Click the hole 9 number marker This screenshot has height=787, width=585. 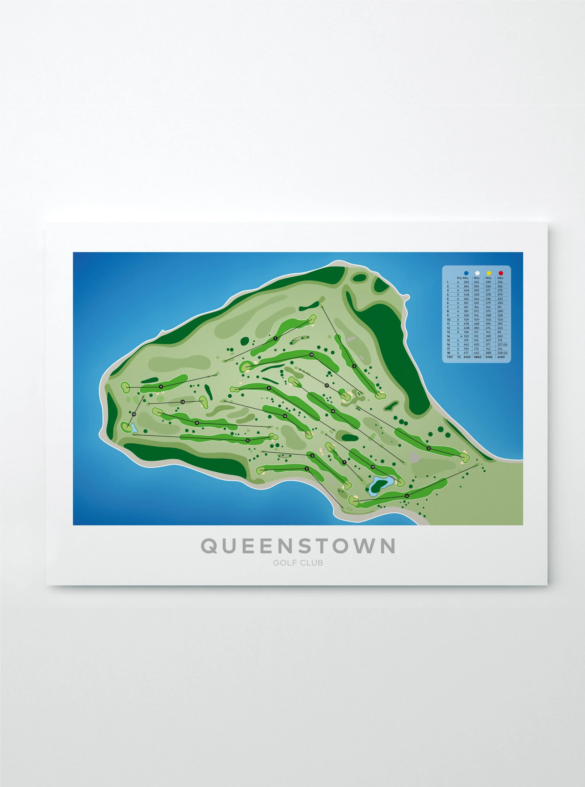pyautogui.click(x=161, y=387)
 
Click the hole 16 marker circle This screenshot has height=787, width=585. pyautogui.click(x=333, y=411)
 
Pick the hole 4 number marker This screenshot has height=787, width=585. pyautogui.click(x=407, y=496)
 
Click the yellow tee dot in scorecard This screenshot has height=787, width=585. pyautogui.click(x=489, y=273)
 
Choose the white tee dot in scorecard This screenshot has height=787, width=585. pyautogui.click(x=477, y=273)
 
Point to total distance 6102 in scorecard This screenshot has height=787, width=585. pyautogui.click(x=467, y=357)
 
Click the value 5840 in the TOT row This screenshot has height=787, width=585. pyautogui.click(x=477, y=357)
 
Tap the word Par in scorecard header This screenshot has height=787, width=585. pyautogui.click(x=459, y=278)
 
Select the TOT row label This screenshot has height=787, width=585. pyautogui.click(x=450, y=357)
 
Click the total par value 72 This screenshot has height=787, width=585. pyautogui.click(x=459, y=357)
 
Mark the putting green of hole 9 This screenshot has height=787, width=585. pyautogui.click(x=126, y=387)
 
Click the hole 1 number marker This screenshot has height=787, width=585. pyautogui.click(x=275, y=338)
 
